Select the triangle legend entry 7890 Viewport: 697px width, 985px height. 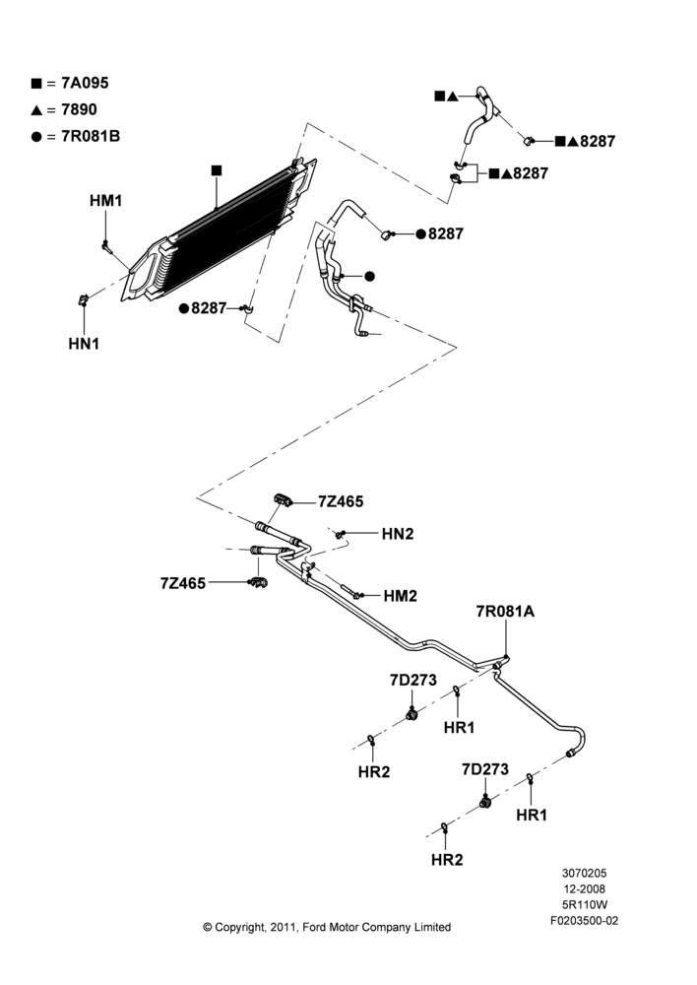click(65, 110)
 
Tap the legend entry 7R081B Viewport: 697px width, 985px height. click(76, 136)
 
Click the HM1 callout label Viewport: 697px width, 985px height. click(105, 201)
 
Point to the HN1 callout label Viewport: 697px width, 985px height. click(84, 344)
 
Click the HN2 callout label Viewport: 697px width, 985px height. click(398, 534)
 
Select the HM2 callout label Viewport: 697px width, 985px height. click(400, 596)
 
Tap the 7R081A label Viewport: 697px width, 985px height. click(505, 612)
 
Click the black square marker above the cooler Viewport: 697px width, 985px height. click(217, 170)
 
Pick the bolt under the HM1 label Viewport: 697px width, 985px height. click(106, 246)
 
